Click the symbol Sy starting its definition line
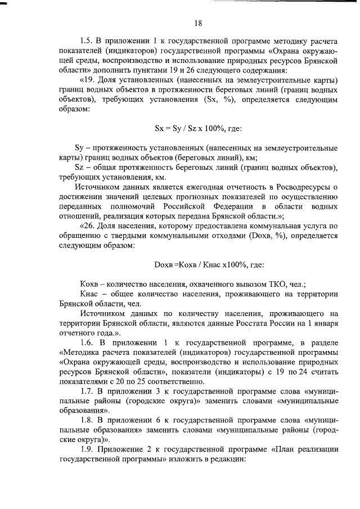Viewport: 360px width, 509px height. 79,147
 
